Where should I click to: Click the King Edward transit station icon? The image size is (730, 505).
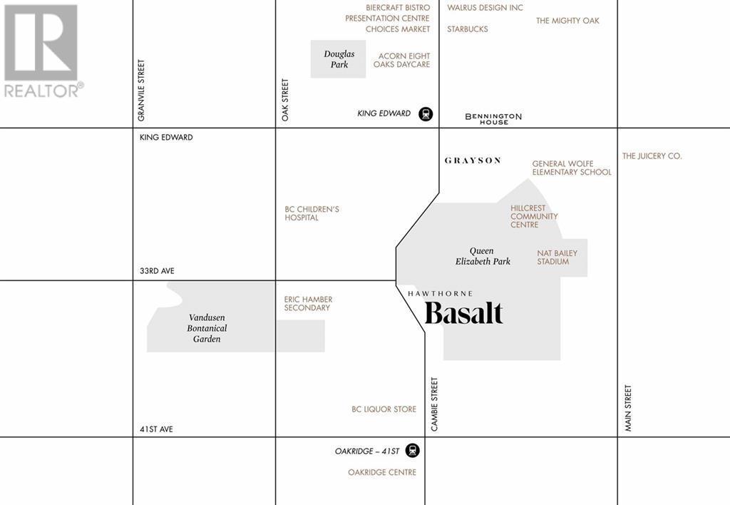coord(426,113)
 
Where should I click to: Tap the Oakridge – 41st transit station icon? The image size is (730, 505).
coord(412,451)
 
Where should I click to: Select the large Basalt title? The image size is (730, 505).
coord(464,313)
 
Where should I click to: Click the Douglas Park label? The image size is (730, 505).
coord(339,59)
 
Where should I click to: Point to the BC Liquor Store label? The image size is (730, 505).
coord(384,409)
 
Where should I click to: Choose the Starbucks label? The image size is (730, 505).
coord(468,29)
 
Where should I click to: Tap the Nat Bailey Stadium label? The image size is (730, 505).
coord(557,257)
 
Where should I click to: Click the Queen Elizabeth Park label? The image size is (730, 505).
coord(483,256)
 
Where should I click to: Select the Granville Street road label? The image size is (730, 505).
coord(141,89)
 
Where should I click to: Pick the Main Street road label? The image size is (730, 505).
coord(628,408)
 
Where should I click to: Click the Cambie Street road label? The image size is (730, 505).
coord(434,404)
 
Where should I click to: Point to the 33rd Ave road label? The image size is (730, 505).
coord(157,271)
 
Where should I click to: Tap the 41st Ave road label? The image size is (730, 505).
coord(156,429)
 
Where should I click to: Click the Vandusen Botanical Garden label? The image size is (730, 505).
coord(207,328)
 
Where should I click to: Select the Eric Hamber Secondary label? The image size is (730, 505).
coord(308,304)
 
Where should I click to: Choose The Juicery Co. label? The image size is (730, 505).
coord(652,155)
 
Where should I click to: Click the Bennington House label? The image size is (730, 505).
coord(493,118)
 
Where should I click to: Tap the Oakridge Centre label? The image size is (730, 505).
coord(382,472)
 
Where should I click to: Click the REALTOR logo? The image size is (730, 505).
coord(41,51)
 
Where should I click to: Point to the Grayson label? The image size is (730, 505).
coord(473,160)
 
